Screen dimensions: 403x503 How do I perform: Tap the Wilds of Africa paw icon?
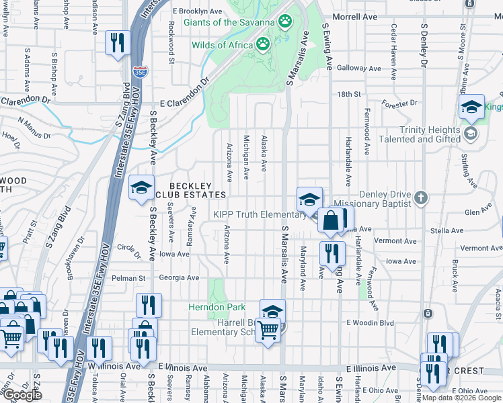262,45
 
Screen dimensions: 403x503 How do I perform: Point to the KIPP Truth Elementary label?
260,214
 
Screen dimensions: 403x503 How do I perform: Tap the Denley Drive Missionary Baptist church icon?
421,197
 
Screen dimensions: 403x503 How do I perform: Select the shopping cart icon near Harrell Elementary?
268,329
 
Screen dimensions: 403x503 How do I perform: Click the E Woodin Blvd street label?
369,322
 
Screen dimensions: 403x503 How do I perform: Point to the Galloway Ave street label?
352,68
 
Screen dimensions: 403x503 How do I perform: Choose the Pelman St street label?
133,277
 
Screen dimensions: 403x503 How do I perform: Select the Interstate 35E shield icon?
139,71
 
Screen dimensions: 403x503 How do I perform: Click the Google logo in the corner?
22,395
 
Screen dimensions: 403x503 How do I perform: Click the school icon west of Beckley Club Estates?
141,188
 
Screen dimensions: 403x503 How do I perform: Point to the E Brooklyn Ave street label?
197,11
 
